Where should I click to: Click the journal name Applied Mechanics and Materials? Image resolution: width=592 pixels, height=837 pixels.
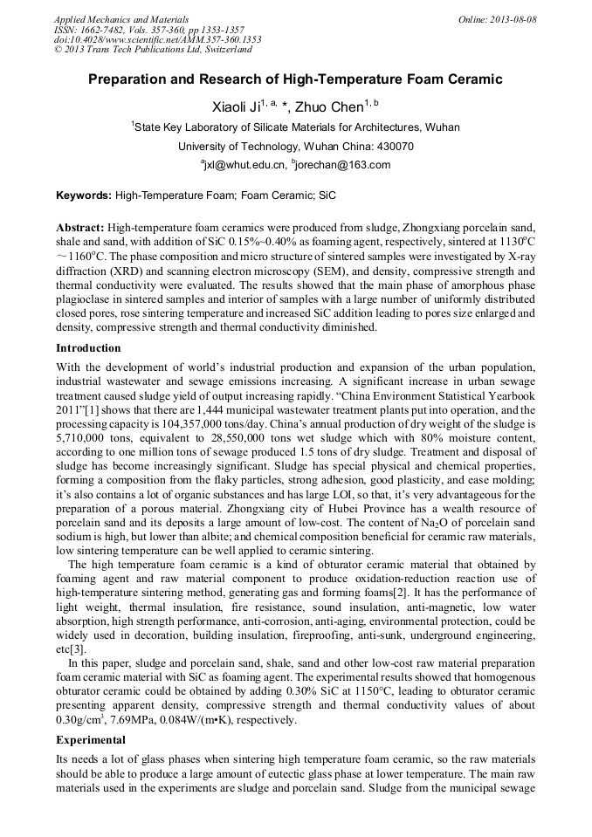121,19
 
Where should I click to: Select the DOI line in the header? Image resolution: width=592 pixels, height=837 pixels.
157,40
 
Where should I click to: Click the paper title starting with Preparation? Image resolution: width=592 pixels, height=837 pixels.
295,79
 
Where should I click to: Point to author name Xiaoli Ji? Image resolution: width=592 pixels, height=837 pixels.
237,108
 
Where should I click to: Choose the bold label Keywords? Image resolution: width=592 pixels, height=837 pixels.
84,197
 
